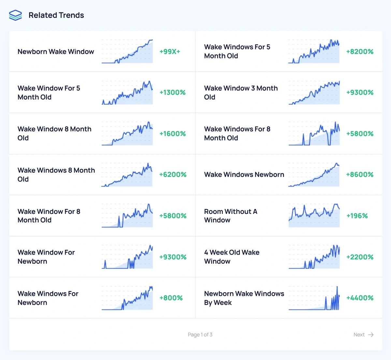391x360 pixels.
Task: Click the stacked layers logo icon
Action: [15, 15]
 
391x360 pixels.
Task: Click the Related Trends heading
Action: [56, 15]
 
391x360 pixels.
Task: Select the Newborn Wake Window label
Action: [56, 52]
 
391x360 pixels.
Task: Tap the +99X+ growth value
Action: [170, 52]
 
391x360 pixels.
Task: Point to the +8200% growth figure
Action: [360, 52]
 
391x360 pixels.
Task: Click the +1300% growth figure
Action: [172, 93]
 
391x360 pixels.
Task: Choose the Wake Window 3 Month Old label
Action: [241, 93]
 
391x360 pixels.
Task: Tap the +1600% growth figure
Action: [172, 134]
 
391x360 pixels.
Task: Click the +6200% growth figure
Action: [173, 175]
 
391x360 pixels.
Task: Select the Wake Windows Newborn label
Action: [244, 175]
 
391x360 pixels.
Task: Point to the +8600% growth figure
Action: [360, 175]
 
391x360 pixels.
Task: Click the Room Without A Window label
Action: [231, 216]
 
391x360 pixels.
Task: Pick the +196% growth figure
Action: [357, 216]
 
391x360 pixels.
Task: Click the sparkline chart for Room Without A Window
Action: [314, 216]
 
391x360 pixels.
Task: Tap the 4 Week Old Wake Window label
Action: [232, 257]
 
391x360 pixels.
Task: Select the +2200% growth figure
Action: [360, 257]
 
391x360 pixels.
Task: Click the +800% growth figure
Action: [171, 298]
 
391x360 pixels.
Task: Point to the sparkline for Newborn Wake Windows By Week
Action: [314, 298]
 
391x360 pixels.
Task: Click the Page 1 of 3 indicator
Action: [200, 335]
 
